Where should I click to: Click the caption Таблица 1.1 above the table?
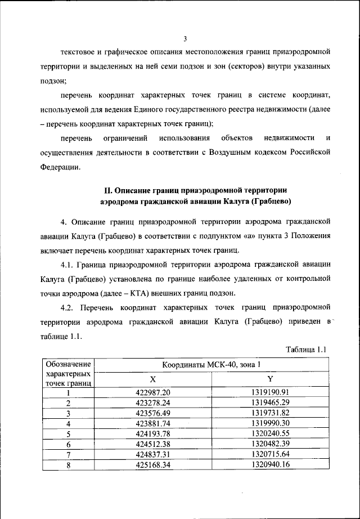click(x=306, y=350)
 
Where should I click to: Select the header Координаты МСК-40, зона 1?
click(x=211, y=364)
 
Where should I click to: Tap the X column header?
click(x=152, y=379)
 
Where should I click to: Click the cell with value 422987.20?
click(x=152, y=392)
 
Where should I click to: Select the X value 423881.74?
click(x=152, y=423)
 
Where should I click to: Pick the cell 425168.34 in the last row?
click(x=152, y=464)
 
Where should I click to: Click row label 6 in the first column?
click(x=67, y=444)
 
